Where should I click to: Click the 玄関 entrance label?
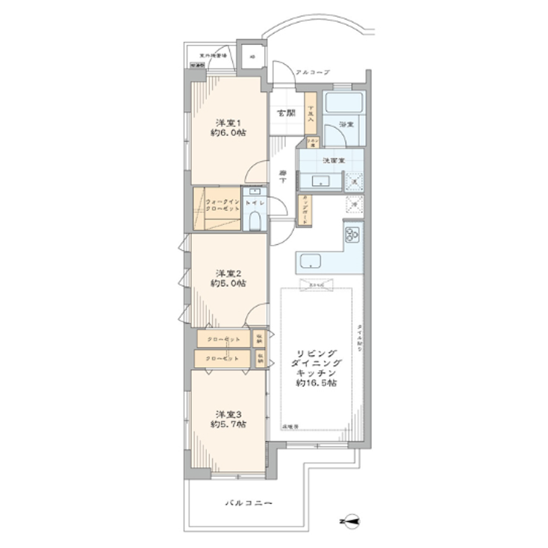[285, 113]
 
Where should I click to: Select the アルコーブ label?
[312, 72]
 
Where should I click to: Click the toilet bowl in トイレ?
[254, 222]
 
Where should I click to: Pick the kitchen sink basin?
[311, 261]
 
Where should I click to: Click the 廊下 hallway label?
[283, 176]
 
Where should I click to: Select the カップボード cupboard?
[306, 210]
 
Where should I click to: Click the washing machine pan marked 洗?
[355, 180]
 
